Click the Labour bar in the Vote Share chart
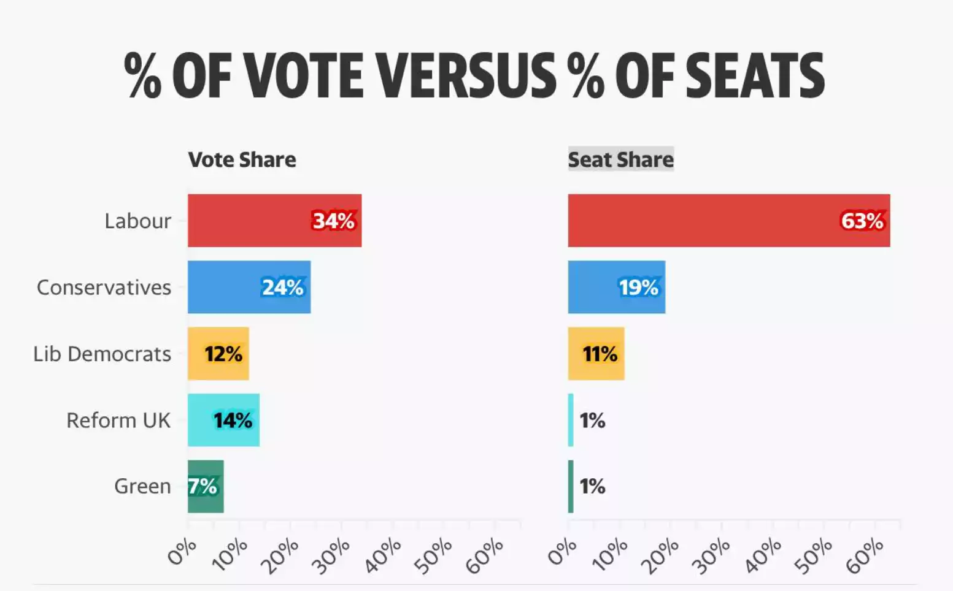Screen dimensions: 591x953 (274, 221)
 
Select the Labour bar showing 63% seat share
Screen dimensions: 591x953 (728, 221)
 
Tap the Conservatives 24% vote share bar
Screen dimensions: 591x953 (249, 287)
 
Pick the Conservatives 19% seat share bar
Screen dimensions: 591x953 (616, 287)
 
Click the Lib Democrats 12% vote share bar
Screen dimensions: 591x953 (218, 354)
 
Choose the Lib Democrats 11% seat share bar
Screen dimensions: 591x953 (596, 354)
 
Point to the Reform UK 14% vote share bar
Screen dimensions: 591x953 (223, 420)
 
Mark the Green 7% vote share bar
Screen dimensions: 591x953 (206, 486)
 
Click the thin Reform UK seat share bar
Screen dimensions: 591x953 (571, 420)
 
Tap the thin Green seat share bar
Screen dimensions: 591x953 (571, 486)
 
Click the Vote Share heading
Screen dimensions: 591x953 (242, 159)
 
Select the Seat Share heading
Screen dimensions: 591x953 (620, 159)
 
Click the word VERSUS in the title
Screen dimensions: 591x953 (466, 76)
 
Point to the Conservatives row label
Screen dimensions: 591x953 (104, 287)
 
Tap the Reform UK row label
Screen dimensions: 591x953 (118, 420)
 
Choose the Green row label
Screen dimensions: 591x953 (142, 486)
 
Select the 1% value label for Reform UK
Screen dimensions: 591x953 (592, 420)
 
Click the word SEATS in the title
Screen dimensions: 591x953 (755, 76)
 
